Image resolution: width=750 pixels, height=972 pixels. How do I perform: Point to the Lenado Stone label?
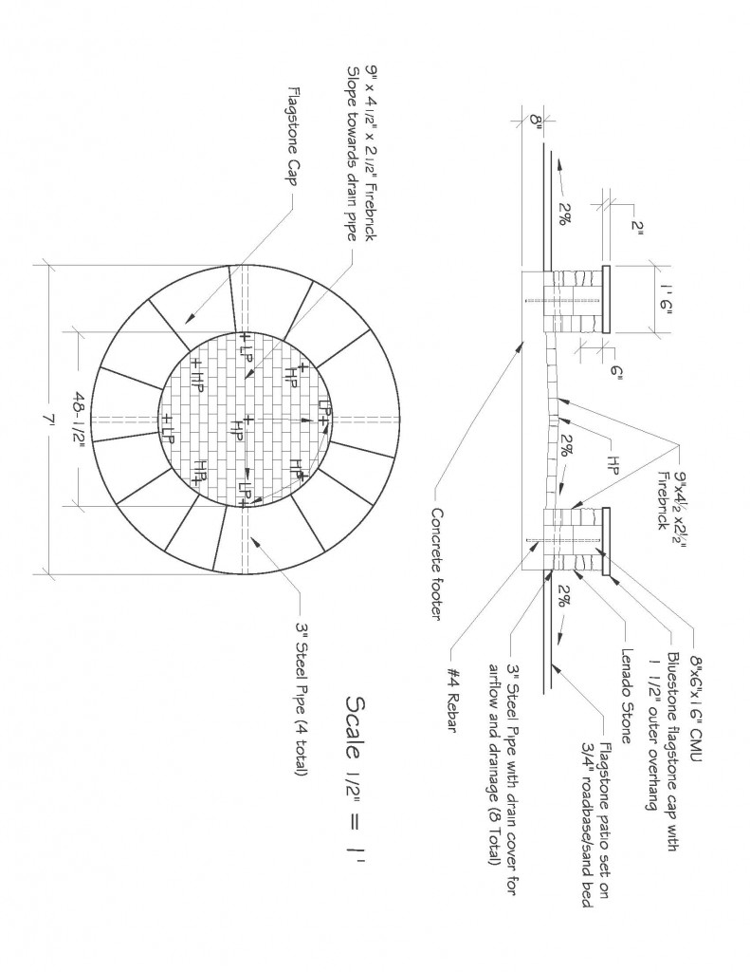[x=626, y=696]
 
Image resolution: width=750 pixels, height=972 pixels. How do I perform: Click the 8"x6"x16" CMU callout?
[x=696, y=705]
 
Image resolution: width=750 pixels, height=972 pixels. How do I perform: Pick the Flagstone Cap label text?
[x=292, y=135]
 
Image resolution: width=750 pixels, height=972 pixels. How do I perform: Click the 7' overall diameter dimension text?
[x=46, y=420]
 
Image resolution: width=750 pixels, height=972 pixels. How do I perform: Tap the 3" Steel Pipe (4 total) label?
[x=302, y=700]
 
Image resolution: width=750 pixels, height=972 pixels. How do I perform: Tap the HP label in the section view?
[x=613, y=464]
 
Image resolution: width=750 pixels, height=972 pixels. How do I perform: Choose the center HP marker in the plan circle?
[x=237, y=429]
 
